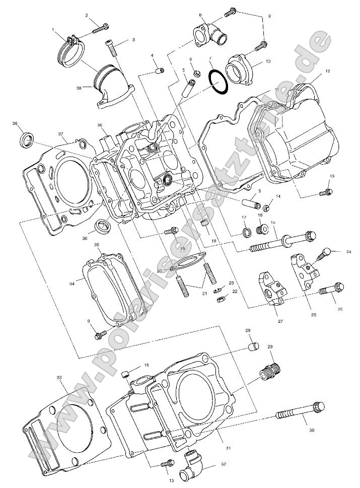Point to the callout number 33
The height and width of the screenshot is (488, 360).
click(59, 377)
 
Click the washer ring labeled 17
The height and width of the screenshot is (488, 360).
click(247, 232)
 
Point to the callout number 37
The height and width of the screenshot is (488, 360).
click(60, 134)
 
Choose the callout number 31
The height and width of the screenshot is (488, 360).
click(228, 448)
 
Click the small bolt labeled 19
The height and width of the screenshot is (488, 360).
click(171, 232)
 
